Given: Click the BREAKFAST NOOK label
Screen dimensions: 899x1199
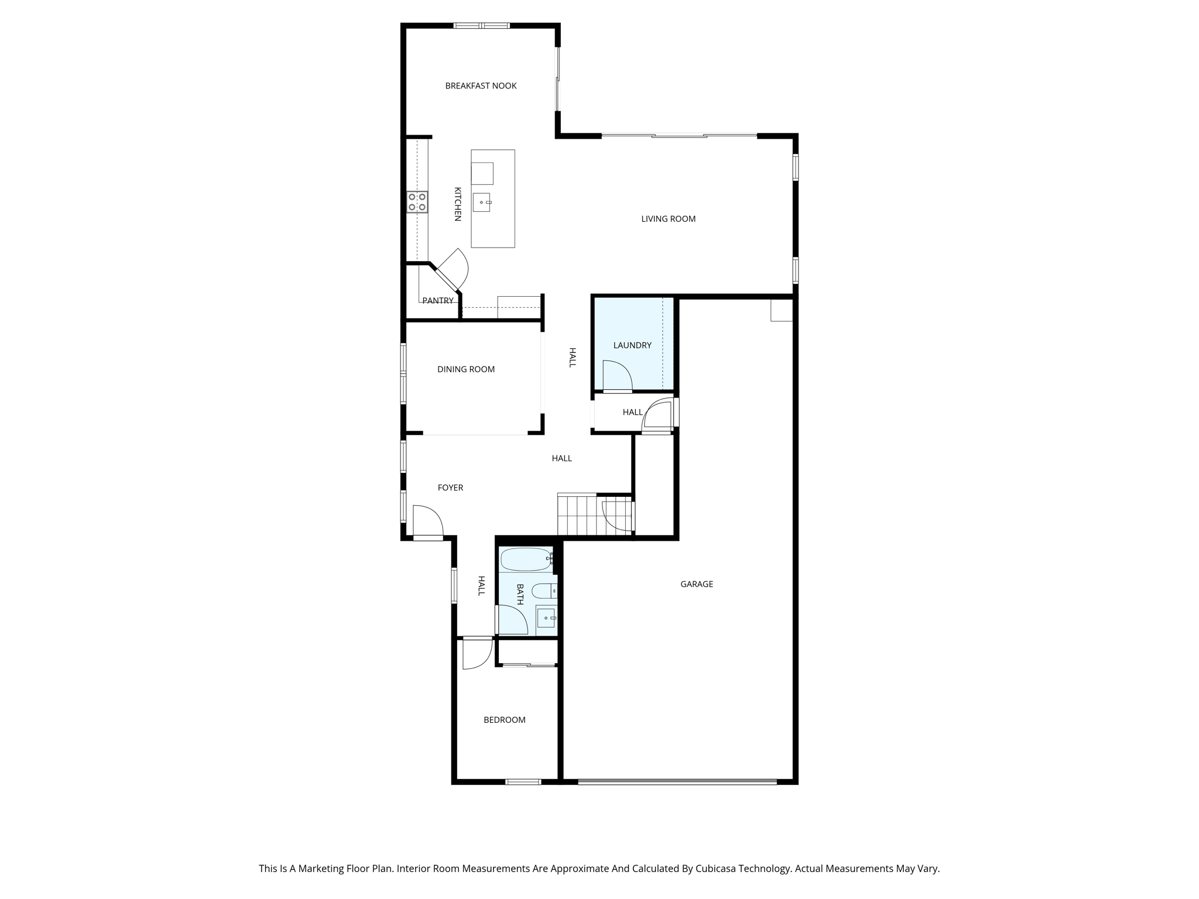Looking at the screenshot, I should [x=481, y=86].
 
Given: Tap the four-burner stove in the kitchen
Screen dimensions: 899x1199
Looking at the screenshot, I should [x=417, y=202].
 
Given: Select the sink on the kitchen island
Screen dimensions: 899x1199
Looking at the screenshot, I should [x=482, y=203].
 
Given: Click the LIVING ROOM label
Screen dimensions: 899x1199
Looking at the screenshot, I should [x=668, y=219].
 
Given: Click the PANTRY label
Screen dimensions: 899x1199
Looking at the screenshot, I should [x=437, y=301].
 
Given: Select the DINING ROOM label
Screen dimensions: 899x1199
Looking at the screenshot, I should [x=466, y=369].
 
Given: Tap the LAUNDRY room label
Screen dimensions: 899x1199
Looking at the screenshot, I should [x=632, y=345].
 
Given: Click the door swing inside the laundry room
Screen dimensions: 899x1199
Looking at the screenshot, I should [x=616, y=376].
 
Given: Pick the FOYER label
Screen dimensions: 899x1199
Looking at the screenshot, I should [x=450, y=488].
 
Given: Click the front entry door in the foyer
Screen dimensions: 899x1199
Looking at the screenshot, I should [x=427, y=521].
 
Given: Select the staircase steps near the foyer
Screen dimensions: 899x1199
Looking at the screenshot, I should [x=577, y=515].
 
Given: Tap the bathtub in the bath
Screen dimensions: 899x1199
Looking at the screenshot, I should [x=525, y=560].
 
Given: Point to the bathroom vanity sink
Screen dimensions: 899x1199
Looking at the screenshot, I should [x=546, y=617].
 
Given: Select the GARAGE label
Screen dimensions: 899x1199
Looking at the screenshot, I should [x=697, y=584].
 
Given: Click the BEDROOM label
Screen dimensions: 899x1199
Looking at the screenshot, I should [x=504, y=720].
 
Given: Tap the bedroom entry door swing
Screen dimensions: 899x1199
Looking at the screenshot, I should [x=476, y=653].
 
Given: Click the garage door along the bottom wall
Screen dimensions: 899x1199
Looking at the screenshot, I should [x=677, y=781].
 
